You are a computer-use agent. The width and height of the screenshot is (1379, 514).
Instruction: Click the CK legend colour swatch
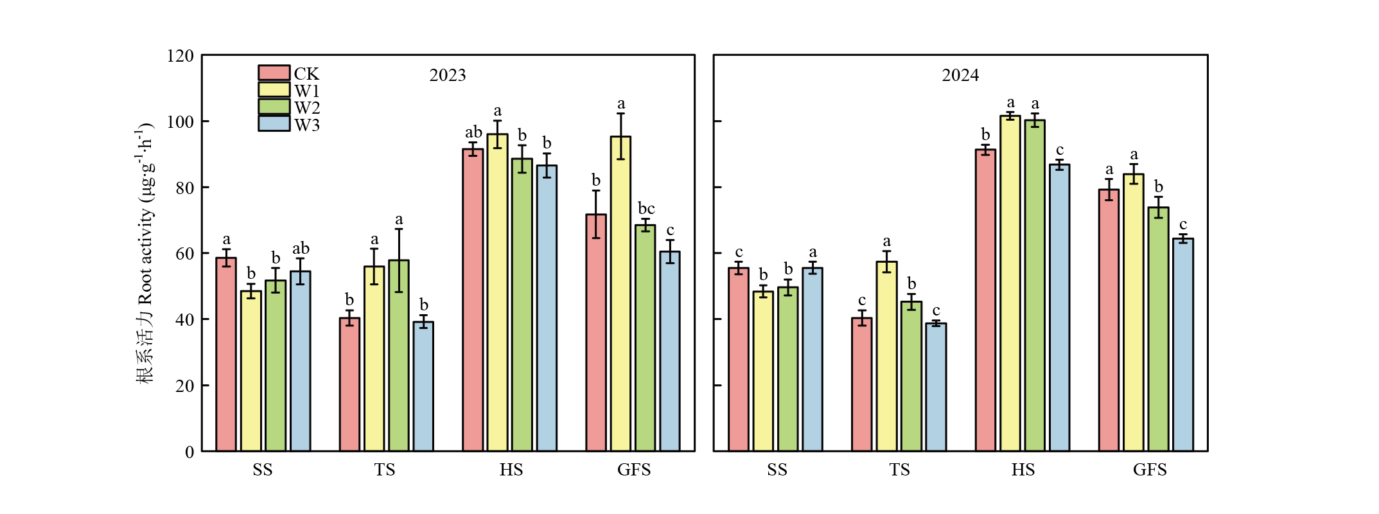tap(274, 73)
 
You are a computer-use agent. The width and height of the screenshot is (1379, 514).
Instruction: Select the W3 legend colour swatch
tap(274, 123)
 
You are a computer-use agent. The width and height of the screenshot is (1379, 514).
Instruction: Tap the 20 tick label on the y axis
tap(185, 385)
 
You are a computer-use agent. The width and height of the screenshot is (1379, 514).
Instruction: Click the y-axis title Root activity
tap(145, 254)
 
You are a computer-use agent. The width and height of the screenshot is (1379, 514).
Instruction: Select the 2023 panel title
tap(447, 75)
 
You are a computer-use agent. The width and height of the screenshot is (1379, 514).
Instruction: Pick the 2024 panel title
tap(960, 75)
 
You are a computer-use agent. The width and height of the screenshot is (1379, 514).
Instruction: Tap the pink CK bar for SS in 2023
tap(225, 354)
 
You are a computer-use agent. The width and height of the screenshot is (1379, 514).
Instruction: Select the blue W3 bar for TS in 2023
tap(423, 386)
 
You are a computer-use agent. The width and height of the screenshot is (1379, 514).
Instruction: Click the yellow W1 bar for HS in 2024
tap(1010, 283)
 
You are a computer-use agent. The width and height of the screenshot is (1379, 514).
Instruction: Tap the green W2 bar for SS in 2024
tap(787, 369)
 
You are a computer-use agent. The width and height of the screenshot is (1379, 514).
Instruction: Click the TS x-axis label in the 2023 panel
tap(385, 470)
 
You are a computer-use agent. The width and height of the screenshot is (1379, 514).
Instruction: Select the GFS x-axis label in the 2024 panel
tap(1149, 470)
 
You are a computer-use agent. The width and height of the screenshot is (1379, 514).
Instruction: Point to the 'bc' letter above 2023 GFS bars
tap(646, 208)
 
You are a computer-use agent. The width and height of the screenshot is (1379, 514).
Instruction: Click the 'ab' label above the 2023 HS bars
tap(473, 132)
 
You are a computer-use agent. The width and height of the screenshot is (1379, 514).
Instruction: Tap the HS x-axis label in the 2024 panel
tap(1023, 470)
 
